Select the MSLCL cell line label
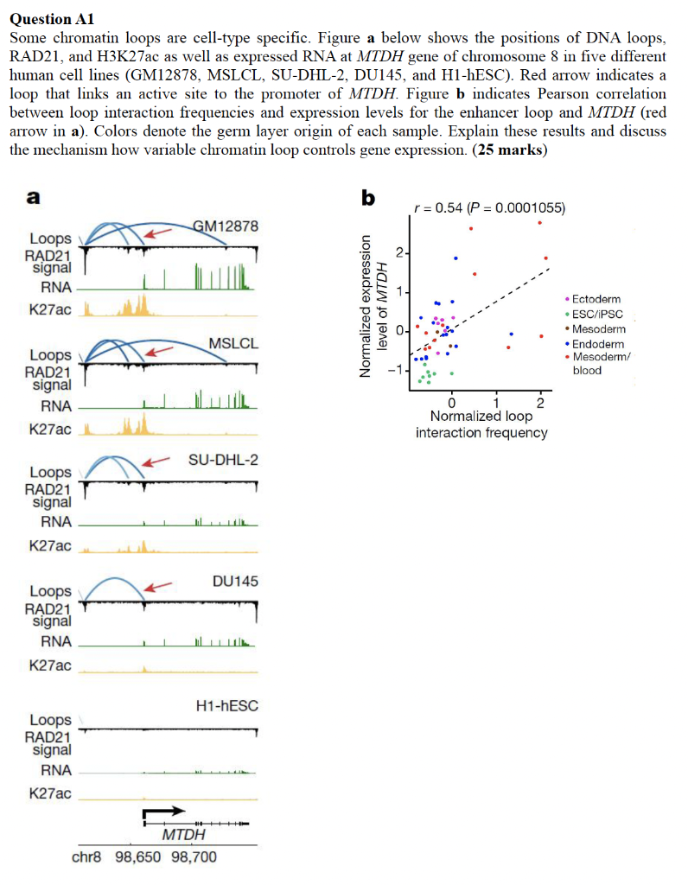pyautogui.click(x=233, y=344)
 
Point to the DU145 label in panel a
pyautogui.click(x=234, y=580)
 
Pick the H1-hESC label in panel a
pyautogui.click(x=227, y=706)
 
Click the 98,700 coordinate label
pyautogui.click(x=194, y=857)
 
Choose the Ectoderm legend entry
pyautogui.click(x=596, y=299)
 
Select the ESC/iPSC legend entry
pyautogui.click(x=597, y=314)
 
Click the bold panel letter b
pyautogui.click(x=368, y=199)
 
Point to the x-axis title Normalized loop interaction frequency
pyautogui.click(x=481, y=423)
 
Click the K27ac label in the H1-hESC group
pyautogui.click(x=50, y=793)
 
